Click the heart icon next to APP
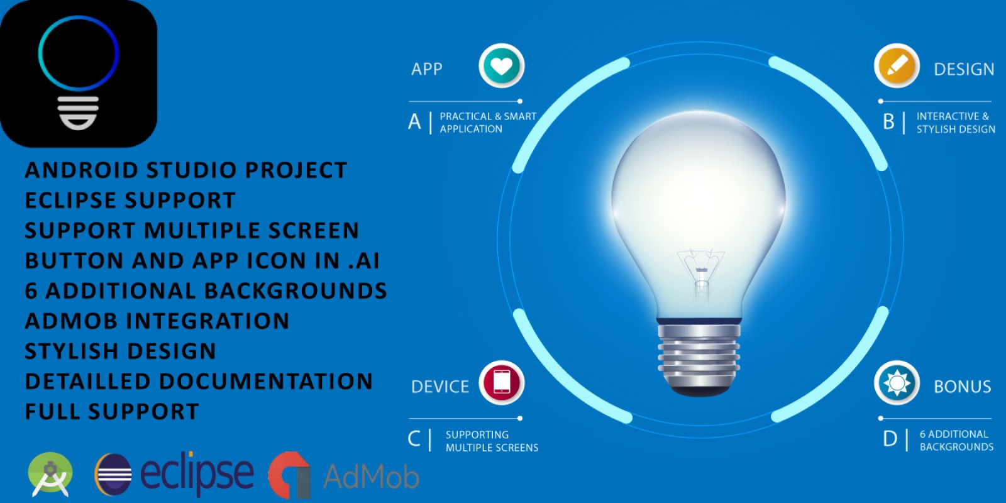pos(502,66)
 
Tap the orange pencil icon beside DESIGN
pos(897,66)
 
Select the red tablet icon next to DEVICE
pos(502,383)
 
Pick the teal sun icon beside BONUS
pos(897,383)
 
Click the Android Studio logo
pos(50,474)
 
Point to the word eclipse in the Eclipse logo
pos(197,474)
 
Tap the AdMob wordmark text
pos(371,477)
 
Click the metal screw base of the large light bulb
pos(699,358)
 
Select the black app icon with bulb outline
pos(79,73)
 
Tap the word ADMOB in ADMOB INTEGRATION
pos(71,321)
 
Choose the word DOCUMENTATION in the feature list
pos(266,381)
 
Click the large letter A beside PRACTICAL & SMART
pos(414,122)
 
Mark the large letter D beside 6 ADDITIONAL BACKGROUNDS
pos(890,439)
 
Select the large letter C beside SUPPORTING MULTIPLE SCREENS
pos(414,439)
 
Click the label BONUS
pos(963,387)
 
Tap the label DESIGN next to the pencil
pos(965,70)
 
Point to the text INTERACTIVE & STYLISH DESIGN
pos(956,123)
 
